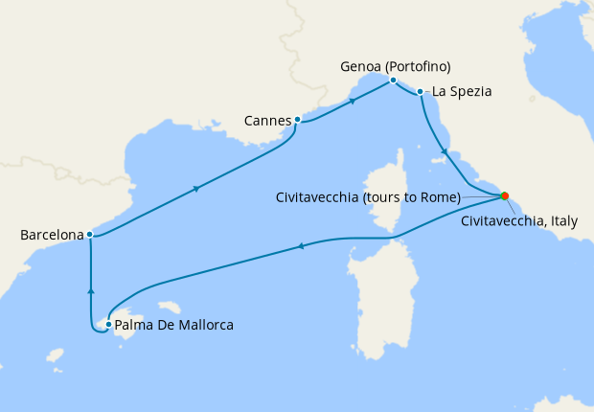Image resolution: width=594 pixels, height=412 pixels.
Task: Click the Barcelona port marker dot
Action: (89, 234)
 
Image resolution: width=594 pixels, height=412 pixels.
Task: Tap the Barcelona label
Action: (52, 234)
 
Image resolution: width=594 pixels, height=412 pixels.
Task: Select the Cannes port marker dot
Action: (298, 120)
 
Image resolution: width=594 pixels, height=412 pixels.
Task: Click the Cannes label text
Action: (267, 121)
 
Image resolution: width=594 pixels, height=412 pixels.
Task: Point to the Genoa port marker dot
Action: (393, 80)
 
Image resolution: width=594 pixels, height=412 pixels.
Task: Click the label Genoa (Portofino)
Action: (395, 66)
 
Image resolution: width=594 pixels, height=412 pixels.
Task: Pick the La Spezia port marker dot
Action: (421, 93)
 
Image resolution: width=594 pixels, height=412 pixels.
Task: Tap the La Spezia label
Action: (462, 93)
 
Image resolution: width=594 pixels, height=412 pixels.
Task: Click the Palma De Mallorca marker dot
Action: (109, 325)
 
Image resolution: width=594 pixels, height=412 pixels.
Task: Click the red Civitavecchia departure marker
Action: (504, 196)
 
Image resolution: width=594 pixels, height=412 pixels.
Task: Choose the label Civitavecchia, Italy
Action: (519, 220)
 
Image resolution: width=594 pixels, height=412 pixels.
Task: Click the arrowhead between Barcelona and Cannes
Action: (196, 188)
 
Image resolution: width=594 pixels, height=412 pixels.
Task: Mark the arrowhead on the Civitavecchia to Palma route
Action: (300, 247)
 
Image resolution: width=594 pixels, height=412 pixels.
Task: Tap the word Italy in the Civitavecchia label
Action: (560, 220)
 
